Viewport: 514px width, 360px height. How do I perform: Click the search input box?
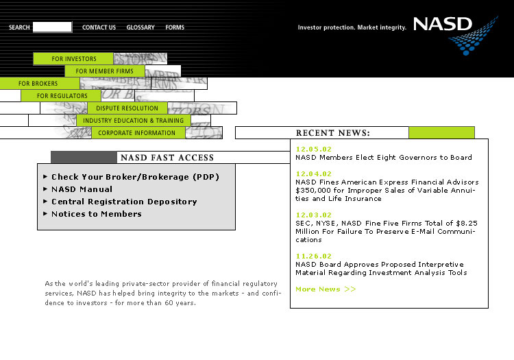pos(52,27)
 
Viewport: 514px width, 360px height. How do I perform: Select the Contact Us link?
pos(99,27)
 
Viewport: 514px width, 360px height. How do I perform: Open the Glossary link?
pos(140,27)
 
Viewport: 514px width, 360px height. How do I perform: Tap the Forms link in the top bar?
pos(175,27)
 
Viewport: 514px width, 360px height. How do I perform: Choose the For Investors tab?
pos(74,59)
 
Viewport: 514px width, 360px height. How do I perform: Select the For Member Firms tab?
pos(105,71)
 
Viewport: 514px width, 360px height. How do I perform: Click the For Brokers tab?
pos(39,84)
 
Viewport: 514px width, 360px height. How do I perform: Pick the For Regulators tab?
pos(62,96)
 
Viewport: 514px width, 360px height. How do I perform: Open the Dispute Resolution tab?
pos(127,108)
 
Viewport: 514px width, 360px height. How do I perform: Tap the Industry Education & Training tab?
pos(134,121)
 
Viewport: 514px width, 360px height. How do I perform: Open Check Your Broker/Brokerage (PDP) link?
pos(135,177)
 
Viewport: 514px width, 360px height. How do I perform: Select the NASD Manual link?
pos(82,189)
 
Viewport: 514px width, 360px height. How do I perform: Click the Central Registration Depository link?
pos(124,202)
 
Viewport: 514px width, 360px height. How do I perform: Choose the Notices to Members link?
pos(96,214)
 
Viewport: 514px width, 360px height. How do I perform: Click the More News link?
pos(326,289)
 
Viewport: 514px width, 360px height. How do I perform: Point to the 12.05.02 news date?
pos(313,149)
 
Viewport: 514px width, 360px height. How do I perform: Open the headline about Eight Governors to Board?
pos(383,158)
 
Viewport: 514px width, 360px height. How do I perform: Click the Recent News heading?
pos(332,133)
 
